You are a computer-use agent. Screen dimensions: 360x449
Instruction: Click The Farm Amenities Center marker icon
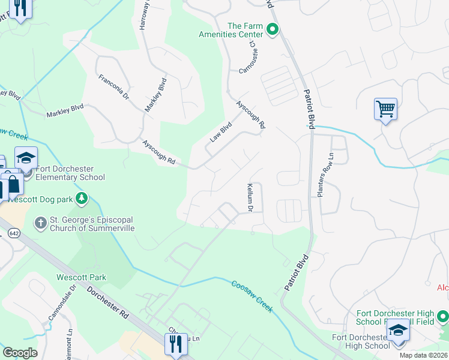point(272,29)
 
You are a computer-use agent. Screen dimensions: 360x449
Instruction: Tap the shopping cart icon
point(385,109)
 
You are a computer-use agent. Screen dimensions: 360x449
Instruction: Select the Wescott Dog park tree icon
point(83,197)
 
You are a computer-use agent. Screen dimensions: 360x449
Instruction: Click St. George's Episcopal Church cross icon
point(41,223)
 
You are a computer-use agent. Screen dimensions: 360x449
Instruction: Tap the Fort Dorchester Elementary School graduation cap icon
point(26,158)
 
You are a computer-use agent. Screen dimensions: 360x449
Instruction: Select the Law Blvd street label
point(220,132)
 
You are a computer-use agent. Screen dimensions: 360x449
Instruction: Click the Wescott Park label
point(81,277)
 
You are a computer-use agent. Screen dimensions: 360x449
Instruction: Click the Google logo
point(20,353)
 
